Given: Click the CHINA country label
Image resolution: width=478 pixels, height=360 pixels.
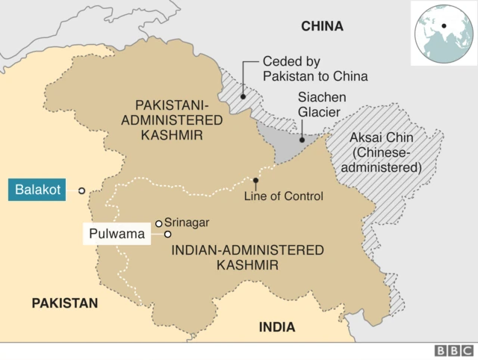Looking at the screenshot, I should pos(322,26).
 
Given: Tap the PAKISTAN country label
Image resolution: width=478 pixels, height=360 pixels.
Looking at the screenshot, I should pos(64,302).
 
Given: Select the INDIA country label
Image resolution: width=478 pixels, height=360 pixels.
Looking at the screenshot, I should pos(276,327).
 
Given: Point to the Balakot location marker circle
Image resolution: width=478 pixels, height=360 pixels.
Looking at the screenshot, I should pos(81,190).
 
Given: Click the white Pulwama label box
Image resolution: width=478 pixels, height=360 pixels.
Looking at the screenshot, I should pos(117,234).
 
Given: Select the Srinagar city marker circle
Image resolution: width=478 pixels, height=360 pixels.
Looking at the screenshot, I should pos(158,223).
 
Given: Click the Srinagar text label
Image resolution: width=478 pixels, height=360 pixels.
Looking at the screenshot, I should pos(187,223).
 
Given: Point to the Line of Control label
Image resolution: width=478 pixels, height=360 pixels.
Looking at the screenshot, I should pos(284,196).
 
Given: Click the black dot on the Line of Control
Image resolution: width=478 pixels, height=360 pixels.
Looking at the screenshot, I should pos(256,181).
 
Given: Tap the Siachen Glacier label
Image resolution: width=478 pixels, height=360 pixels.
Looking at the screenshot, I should pos(319,105).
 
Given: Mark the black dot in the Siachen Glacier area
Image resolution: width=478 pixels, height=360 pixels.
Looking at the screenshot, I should pos(302,139).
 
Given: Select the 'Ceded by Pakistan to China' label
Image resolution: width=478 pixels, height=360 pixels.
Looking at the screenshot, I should pos(314,69).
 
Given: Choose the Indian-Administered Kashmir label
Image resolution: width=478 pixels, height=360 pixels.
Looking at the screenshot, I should pos(247,257).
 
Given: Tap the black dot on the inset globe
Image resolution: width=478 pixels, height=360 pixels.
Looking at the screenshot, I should pos(444,25).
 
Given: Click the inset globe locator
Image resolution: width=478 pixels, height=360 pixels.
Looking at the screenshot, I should pos(443,34).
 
